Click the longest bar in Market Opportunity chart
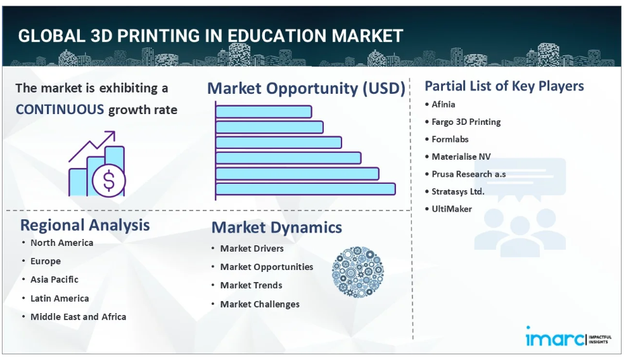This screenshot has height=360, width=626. pos(305,189)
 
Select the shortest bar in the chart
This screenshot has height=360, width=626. pos(264,112)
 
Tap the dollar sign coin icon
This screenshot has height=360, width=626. pos(108,181)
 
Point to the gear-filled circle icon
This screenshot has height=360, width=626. pos(358,272)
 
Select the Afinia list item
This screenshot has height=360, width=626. pos(443,105)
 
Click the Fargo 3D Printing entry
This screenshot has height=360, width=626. pos(466,122)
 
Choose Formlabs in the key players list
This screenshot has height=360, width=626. pos(450,139)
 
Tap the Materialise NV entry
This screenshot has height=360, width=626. pos(461,157)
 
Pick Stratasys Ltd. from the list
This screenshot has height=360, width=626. pos(458,191)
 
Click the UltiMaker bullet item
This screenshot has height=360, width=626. pos(452,209)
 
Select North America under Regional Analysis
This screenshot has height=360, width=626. pos(62,243)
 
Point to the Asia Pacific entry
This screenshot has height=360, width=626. pos(54,280)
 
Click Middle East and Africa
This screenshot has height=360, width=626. pos(79,317)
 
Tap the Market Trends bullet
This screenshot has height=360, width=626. pos(251,285)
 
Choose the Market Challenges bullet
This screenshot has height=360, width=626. pos(260,304)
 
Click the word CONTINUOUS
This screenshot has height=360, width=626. pos(60,110)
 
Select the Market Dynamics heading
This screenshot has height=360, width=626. pos(277,228)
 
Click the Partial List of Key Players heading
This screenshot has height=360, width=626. pos(504,86)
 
